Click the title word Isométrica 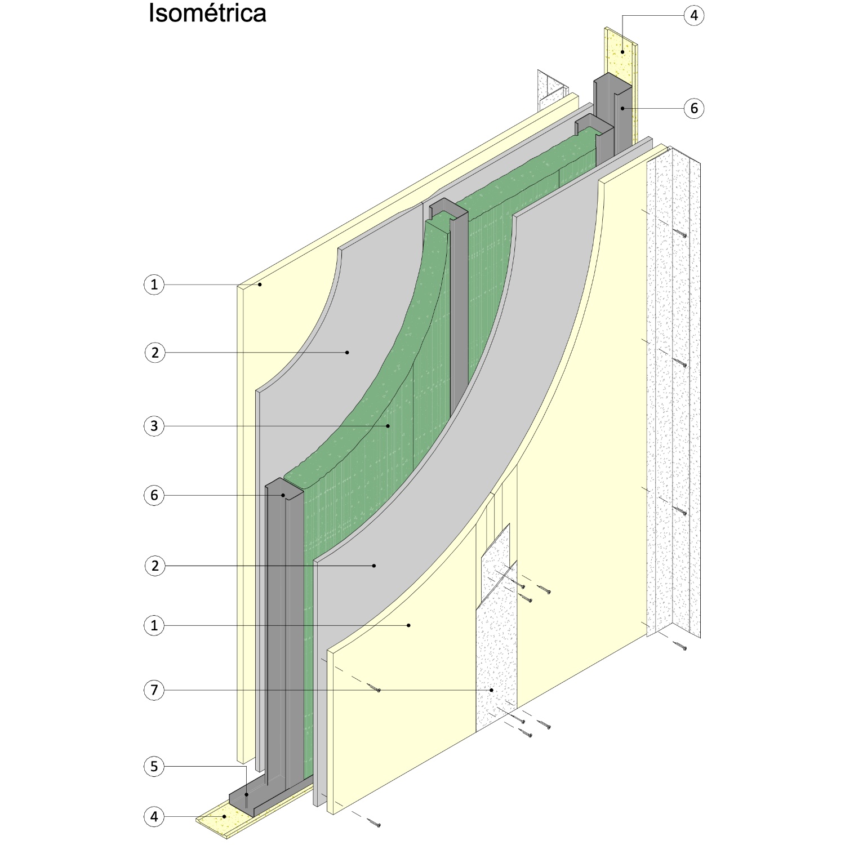click(x=207, y=14)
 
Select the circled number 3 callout click(x=154, y=426)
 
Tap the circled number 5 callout click(x=154, y=766)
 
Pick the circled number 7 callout click(x=154, y=690)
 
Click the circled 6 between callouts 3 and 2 click(x=154, y=496)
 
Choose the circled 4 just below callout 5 click(x=154, y=816)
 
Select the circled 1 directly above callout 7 click(x=154, y=625)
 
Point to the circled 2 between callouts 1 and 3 click(x=154, y=353)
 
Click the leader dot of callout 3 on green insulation click(x=388, y=426)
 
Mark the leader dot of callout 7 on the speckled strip click(x=492, y=690)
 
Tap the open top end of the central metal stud click(x=448, y=210)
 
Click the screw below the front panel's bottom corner click(x=375, y=824)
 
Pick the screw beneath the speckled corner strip click(x=681, y=647)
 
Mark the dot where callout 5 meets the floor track click(x=246, y=794)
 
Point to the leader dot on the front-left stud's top click(x=284, y=496)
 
